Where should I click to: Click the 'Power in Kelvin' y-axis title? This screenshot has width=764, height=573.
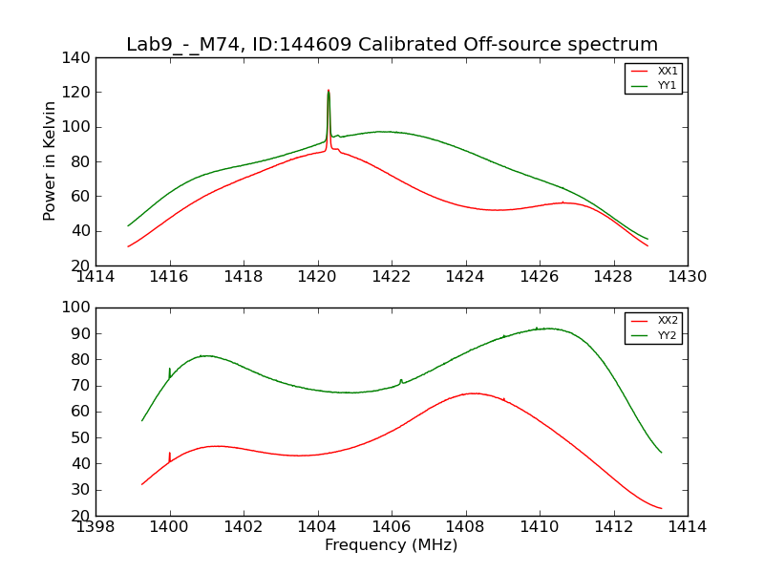[51, 161]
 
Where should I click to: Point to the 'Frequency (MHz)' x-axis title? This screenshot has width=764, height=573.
[392, 545]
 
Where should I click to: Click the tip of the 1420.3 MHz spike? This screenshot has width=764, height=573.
[329, 91]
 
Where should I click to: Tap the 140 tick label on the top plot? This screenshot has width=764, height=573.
[80, 58]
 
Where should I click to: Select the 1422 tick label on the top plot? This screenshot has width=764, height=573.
[392, 278]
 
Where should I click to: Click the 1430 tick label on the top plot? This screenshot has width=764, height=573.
[687, 278]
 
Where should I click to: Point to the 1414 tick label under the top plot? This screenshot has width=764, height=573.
[96, 278]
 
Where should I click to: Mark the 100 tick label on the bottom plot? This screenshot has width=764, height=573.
[80, 308]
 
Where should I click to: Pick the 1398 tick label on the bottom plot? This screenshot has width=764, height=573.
[96, 527]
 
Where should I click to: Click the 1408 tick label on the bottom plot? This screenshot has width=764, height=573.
[465, 527]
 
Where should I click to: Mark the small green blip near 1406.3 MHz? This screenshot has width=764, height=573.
[401, 380]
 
